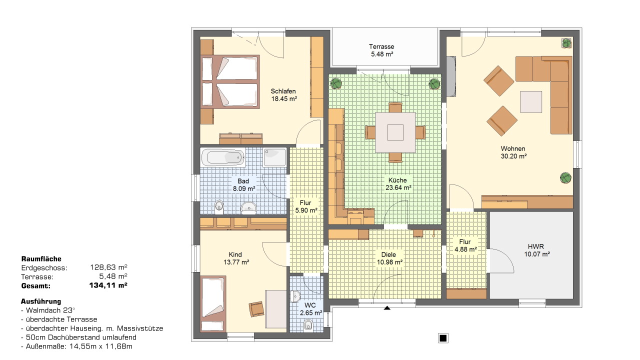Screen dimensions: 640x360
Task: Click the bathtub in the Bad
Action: click(x=223, y=157)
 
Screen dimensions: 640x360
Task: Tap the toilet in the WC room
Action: click(x=308, y=325)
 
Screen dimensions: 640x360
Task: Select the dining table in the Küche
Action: click(x=395, y=132)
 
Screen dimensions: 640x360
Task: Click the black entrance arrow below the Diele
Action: click(x=387, y=307)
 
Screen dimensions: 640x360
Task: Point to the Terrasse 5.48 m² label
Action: click(x=381, y=50)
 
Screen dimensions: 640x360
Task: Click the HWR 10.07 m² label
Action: click(x=536, y=250)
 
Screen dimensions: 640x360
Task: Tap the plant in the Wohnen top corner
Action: click(x=566, y=43)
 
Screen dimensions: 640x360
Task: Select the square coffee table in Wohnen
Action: click(x=531, y=101)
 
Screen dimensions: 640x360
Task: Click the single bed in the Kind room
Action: click(x=213, y=303)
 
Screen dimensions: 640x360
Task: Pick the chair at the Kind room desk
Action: click(x=256, y=309)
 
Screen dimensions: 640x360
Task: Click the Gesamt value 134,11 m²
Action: click(x=108, y=285)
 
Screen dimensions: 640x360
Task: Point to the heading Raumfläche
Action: click(x=41, y=259)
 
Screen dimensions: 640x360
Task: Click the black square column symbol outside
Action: click(x=443, y=338)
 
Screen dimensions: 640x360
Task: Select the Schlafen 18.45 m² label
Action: click(x=283, y=95)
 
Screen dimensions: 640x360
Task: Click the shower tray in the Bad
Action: click(x=274, y=157)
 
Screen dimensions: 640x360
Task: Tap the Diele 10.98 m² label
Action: click(x=389, y=258)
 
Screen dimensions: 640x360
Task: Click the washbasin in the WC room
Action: click(x=295, y=296)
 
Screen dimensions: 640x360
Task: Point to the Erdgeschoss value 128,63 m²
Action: click(x=108, y=267)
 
